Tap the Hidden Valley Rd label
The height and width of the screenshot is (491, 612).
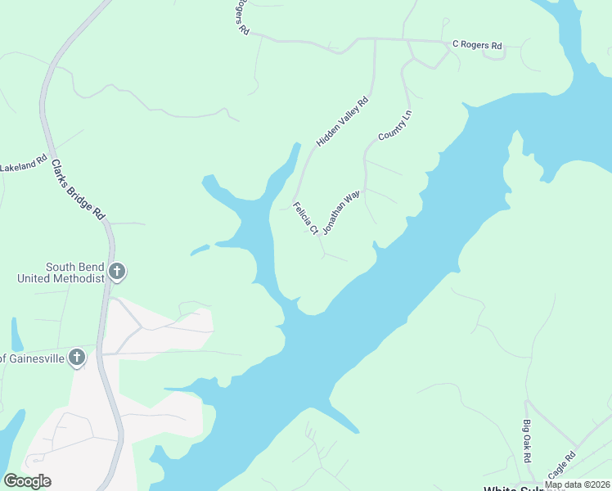pyautogui.click(x=344, y=122)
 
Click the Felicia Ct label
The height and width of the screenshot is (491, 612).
pyautogui.click(x=305, y=218)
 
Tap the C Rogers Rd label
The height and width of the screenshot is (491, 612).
pyautogui.click(x=477, y=46)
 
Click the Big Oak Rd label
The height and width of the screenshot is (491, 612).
pyautogui.click(x=526, y=439)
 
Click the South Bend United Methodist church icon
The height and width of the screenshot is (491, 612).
pyautogui.click(x=117, y=271)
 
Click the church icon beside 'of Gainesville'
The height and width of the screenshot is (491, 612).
pyautogui.click(x=77, y=357)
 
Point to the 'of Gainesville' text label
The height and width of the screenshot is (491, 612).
pyautogui.click(x=32, y=358)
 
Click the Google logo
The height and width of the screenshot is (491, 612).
pyautogui.click(x=27, y=480)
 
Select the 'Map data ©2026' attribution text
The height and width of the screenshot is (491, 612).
pyautogui.click(x=577, y=484)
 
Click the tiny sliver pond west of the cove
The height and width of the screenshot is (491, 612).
pyautogui.click(x=200, y=249)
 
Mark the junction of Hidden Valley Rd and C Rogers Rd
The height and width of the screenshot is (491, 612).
pyautogui.click(x=375, y=39)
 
